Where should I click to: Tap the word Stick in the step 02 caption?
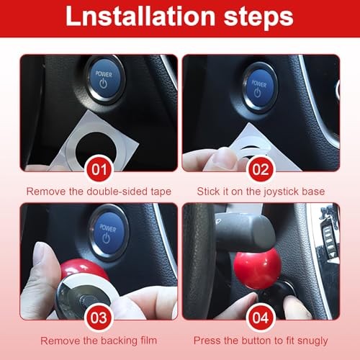(x=208, y=192)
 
